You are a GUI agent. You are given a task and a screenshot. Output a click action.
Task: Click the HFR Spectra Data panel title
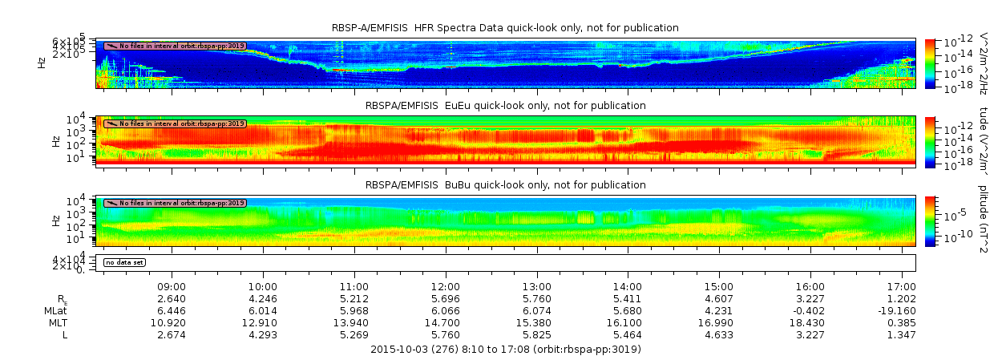[x=505, y=28]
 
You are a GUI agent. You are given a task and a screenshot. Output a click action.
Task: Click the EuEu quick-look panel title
[x=505, y=106]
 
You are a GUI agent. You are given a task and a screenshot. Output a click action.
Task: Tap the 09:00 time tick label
[x=172, y=286]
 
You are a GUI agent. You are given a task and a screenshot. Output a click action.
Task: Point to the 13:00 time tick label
[x=536, y=286]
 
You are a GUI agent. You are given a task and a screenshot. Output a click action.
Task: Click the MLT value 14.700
[x=446, y=322]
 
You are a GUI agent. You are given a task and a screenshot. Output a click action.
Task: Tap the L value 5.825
[x=536, y=334]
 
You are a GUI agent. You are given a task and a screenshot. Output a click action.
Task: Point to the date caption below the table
[x=505, y=350]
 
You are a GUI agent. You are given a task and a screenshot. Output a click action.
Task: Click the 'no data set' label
[x=124, y=262]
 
